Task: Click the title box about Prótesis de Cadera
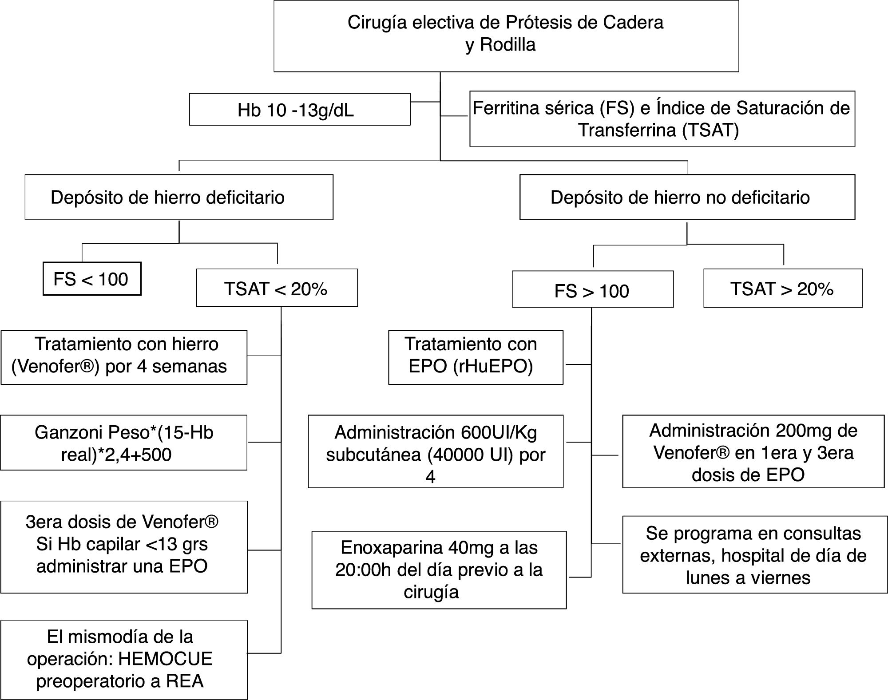[506, 36]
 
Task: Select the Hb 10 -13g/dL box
[300, 109]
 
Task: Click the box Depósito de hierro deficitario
[179, 197]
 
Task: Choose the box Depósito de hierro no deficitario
[687, 197]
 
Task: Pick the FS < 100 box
[92, 279]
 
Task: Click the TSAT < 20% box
[277, 288]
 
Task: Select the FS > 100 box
[592, 290]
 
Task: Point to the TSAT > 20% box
[783, 289]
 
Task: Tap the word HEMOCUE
[166, 659]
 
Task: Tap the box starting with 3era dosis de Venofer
[124, 546]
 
